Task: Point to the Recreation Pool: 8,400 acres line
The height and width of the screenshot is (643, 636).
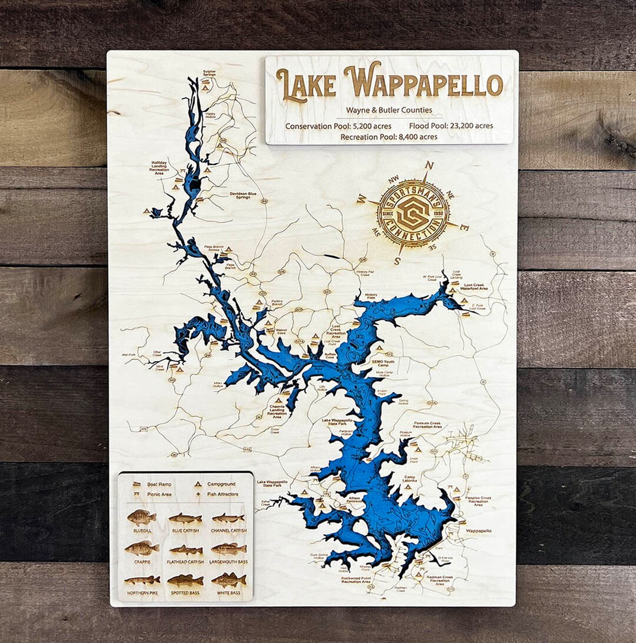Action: pos(388,137)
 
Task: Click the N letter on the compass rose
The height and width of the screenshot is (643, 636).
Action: pos(429,165)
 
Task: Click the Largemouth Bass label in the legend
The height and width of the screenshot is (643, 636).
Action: pos(228,562)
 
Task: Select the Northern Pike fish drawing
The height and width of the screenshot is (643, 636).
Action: pos(142,580)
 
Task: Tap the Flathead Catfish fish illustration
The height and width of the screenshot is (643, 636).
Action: pos(185,550)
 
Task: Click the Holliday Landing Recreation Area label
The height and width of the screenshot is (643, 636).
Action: pos(159,168)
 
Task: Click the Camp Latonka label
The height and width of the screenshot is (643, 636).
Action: pos(410,479)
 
